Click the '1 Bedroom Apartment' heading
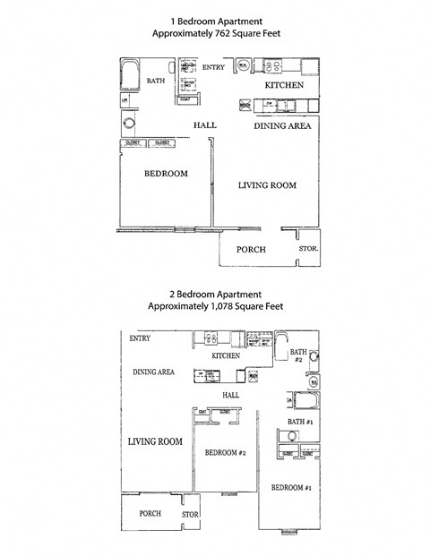pyautogui.click(x=214, y=20)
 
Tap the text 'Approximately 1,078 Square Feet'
pyautogui.click(x=214, y=305)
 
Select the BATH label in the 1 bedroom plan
pyautogui.click(x=157, y=81)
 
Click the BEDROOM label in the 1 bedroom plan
pyautogui.click(x=166, y=174)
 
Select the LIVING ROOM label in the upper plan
pyautogui.click(x=266, y=185)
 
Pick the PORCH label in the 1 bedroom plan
pyautogui.click(x=250, y=249)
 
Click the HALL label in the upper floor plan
pyautogui.click(x=205, y=125)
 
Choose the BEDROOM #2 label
pyautogui.click(x=225, y=453)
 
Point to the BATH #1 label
pyautogui.click(x=299, y=421)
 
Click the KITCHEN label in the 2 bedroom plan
pyautogui.click(x=226, y=355)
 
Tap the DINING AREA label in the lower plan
pyautogui.click(x=153, y=372)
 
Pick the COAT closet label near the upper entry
pyautogui.click(x=185, y=99)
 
